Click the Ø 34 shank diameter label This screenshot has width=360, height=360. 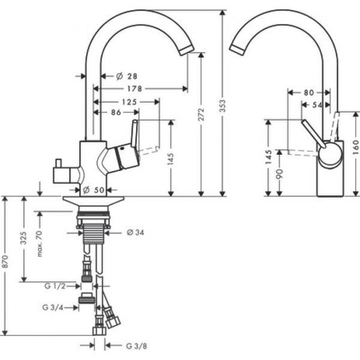136,232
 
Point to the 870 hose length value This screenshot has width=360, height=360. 8,266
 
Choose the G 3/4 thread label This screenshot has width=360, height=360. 54,307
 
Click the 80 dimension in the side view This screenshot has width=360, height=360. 308,93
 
